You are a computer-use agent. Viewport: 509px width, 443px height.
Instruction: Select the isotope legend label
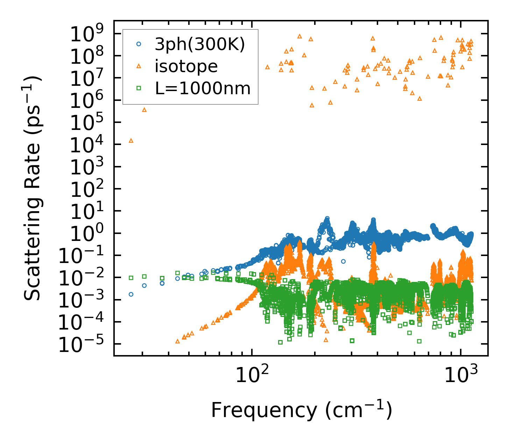point(186,66)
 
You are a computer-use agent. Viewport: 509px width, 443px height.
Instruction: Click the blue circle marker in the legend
point(139,44)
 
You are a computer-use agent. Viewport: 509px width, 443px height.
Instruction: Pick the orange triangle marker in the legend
point(139,66)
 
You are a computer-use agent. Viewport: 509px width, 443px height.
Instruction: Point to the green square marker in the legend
point(139,88)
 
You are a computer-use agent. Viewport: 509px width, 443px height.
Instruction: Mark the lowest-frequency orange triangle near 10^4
point(131,141)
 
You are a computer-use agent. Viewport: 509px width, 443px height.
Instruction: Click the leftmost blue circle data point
point(131,294)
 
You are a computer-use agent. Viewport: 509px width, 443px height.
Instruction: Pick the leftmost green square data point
point(131,278)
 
